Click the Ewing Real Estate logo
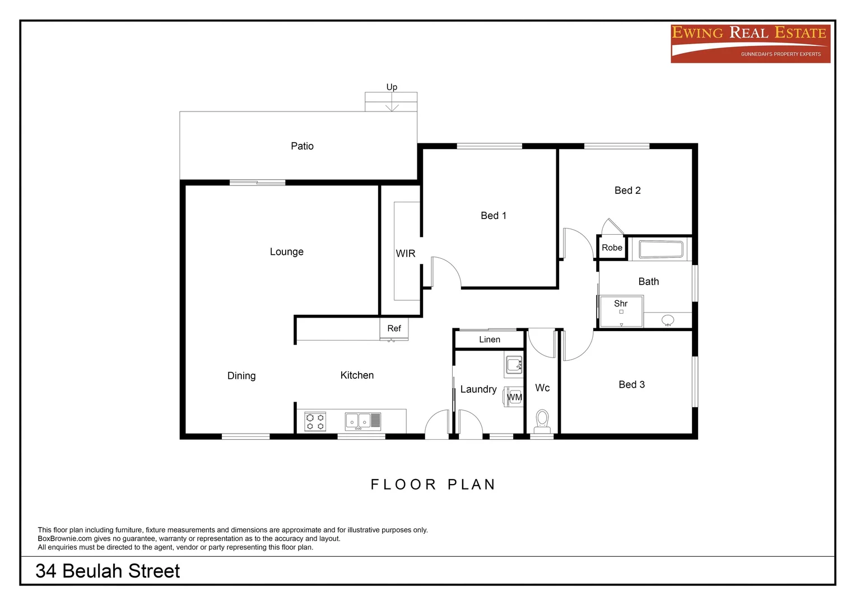coord(750,43)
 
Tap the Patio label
coord(302,146)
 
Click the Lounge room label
coord(286,252)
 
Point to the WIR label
coord(405,254)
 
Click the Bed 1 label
coord(493,216)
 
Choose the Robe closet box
coord(612,248)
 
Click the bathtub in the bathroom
coord(661,249)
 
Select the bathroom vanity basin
coord(668,320)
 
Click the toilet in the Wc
coord(542,420)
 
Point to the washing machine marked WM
coord(514,397)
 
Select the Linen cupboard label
coord(489,339)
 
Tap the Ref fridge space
coord(394,329)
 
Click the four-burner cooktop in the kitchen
coord(315,421)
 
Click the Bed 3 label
coord(631,385)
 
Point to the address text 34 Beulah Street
coord(108,571)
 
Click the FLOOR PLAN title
coord(433,485)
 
